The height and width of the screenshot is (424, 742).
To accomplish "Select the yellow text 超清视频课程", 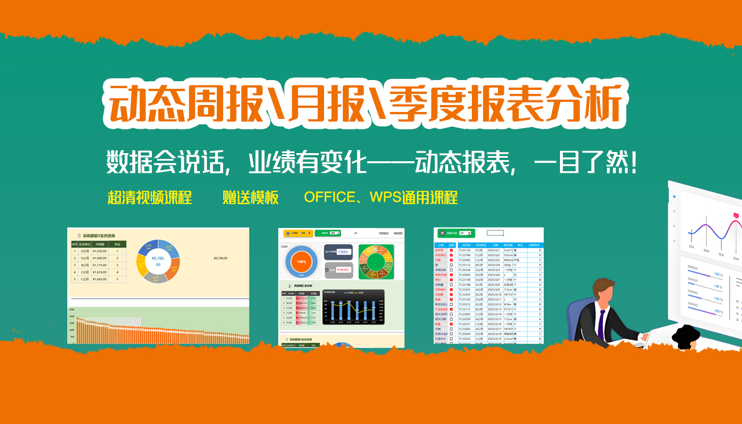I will tap(150, 197).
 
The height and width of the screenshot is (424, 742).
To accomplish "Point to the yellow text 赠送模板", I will tap(250, 197).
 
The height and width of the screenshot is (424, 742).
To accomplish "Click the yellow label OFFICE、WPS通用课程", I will tap(381, 197).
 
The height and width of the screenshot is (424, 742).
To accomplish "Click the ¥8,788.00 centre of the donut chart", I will tap(158, 261).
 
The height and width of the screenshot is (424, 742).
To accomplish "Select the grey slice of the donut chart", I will tap(157, 278).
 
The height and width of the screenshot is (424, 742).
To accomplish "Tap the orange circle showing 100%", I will tap(301, 262).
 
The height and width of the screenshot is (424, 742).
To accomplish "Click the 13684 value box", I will tap(342, 252).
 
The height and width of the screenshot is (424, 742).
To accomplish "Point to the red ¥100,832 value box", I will tap(343, 270).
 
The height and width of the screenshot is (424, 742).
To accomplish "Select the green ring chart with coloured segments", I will tap(376, 261).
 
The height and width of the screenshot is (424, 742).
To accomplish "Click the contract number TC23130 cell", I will tap(465, 250).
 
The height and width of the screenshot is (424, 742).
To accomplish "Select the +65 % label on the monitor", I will tap(718, 274).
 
